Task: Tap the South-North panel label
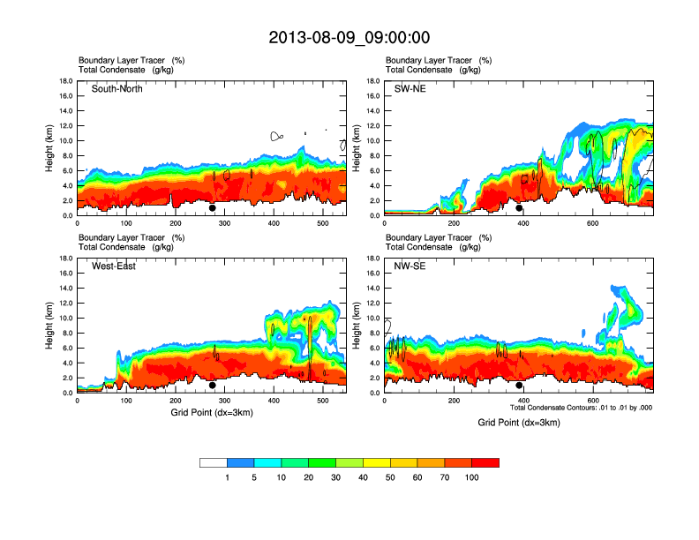click(x=117, y=89)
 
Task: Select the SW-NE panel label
click(x=410, y=89)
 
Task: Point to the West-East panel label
click(x=114, y=266)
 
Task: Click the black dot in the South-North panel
click(x=213, y=208)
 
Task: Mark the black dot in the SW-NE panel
click(x=519, y=208)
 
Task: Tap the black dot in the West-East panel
click(x=213, y=386)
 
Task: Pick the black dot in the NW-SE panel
click(x=519, y=386)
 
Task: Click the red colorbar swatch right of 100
click(x=485, y=462)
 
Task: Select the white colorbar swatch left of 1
click(x=214, y=462)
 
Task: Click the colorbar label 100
click(x=472, y=477)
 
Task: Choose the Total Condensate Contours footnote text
click(x=582, y=408)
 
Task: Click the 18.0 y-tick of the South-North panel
click(x=66, y=81)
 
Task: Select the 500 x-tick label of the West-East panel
click(x=323, y=401)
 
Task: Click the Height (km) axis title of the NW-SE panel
click(x=357, y=326)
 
